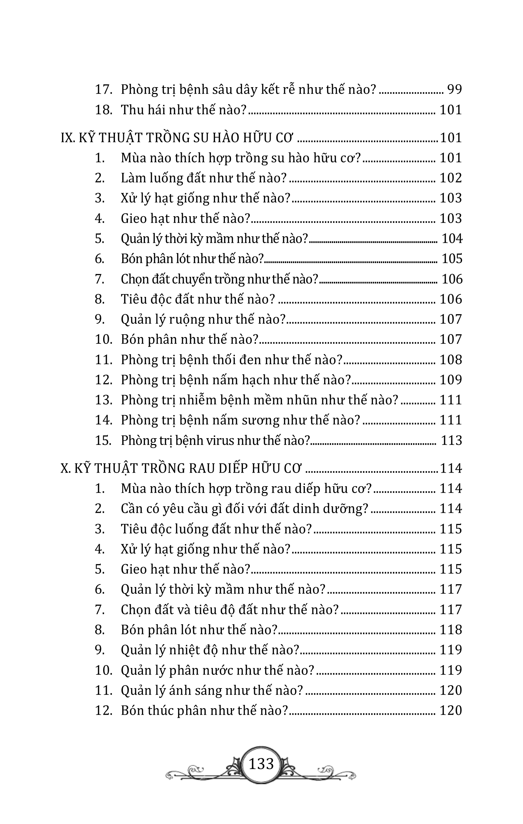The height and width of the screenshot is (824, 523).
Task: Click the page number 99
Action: [x=455, y=89]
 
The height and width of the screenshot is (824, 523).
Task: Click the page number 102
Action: [x=451, y=178]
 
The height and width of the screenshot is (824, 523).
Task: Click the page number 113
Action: [x=452, y=440]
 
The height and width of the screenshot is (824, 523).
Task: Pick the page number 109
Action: [x=451, y=380]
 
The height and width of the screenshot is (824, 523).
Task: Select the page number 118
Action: [x=451, y=630]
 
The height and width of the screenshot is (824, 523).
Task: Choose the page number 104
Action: [x=452, y=238]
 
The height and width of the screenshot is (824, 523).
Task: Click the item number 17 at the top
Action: [x=104, y=89]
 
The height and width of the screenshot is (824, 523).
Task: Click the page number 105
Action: [x=452, y=259]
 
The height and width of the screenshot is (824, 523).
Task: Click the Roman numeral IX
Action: [x=67, y=138]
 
